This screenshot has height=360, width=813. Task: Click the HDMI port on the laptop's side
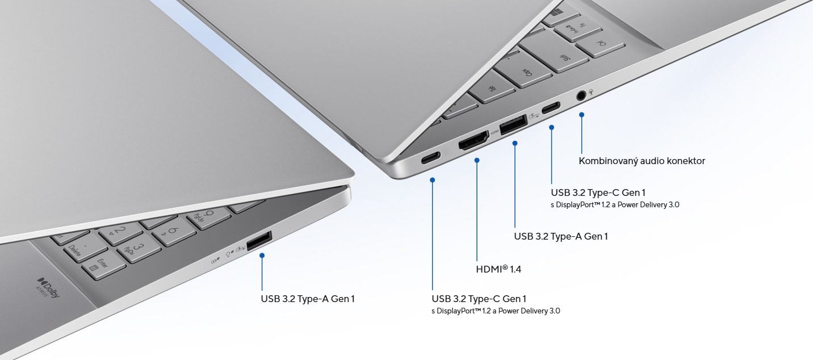click(473, 140)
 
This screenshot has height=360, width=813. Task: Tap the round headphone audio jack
click(581, 95)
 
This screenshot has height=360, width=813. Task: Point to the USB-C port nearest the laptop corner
click(430, 157)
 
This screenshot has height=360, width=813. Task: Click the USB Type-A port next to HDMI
click(513, 125)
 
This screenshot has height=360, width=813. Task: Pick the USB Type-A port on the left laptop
click(258, 241)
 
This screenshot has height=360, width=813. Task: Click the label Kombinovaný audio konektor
click(642, 161)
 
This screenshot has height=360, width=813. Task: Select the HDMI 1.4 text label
click(498, 269)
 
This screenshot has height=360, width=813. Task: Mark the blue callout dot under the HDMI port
click(477, 161)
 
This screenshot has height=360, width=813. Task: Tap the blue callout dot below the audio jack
click(581, 115)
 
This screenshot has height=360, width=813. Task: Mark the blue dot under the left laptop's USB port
click(262, 256)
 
